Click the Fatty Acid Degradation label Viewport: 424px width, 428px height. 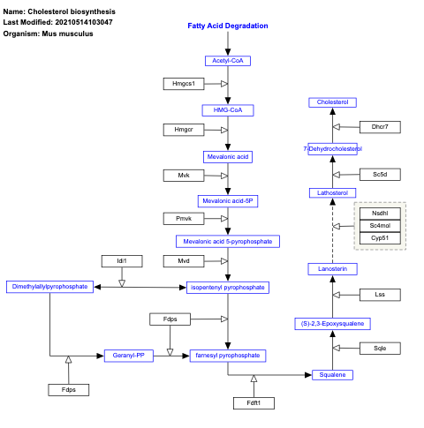(x=228, y=26)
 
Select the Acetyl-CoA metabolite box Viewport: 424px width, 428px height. (x=228, y=60)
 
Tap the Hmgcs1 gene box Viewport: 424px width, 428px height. (x=184, y=84)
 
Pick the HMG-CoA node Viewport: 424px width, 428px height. (x=228, y=110)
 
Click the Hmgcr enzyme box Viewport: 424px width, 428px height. (x=184, y=130)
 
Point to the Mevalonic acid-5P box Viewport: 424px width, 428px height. (x=228, y=200)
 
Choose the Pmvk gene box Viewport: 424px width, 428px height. (x=184, y=218)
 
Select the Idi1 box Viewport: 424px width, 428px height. (x=122, y=260)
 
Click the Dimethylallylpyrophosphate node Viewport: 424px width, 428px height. (x=49, y=287)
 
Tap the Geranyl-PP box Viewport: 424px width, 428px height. (x=129, y=356)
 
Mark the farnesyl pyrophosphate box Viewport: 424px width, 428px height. (x=228, y=356)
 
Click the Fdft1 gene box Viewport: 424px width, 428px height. (x=254, y=403)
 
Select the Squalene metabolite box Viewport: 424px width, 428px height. (x=333, y=375)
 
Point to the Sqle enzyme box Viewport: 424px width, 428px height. (x=380, y=349)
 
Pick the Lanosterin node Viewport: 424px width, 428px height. (x=333, y=268)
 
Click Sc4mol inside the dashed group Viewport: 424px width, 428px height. (x=380, y=226)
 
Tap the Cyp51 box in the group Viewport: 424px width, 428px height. (x=380, y=238)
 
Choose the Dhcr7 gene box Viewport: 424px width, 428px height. (x=380, y=127)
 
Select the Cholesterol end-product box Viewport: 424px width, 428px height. (x=333, y=102)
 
